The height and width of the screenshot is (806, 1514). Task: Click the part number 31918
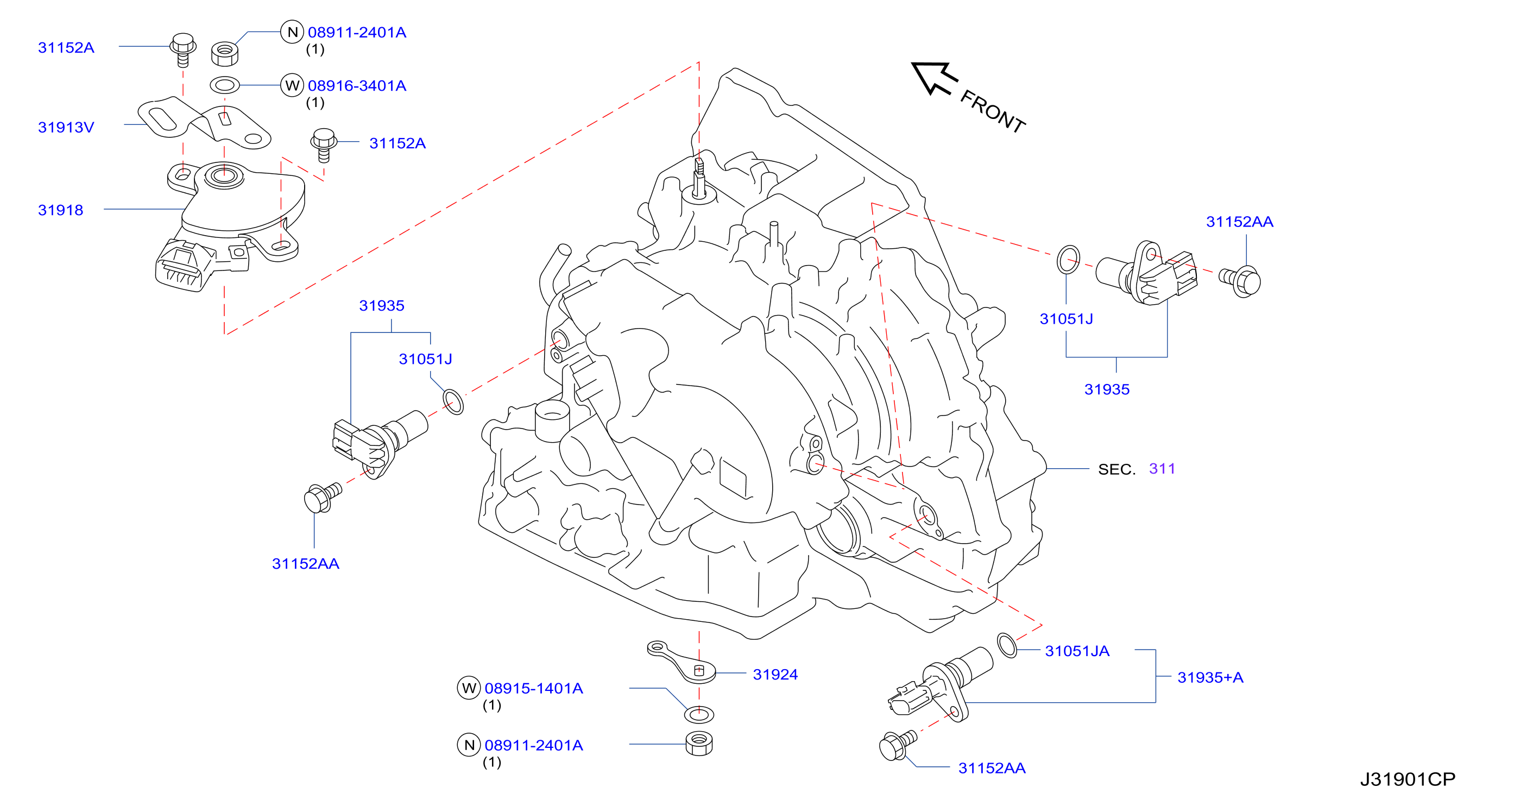(x=60, y=210)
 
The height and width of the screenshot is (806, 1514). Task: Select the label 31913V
(x=66, y=127)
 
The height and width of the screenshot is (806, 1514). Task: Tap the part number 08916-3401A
(x=357, y=86)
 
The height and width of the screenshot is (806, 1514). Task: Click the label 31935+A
(x=1210, y=677)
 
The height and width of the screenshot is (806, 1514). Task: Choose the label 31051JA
(x=1077, y=651)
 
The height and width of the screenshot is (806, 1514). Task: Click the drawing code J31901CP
(x=1407, y=779)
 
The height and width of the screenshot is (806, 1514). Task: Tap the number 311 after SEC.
(x=1162, y=469)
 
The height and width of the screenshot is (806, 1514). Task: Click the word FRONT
(x=993, y=112)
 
